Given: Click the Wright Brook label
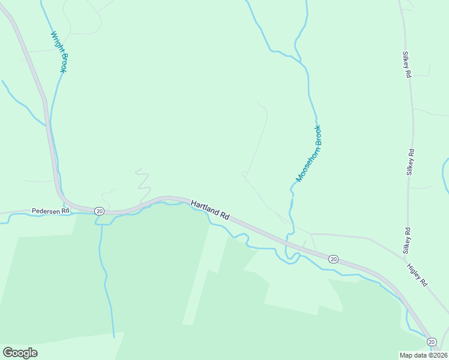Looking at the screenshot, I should coord(59,52).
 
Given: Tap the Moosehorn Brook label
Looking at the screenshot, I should coord(309,153).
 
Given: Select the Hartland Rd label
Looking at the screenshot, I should coord(210,210).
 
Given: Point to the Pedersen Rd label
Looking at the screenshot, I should coord(51,211).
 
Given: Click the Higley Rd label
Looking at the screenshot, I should coord(416,275).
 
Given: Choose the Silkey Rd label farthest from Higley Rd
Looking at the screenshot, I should coord(407,64).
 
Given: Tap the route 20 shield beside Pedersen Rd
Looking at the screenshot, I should coord(99,211).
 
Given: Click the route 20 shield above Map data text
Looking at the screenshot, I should coord(432,341).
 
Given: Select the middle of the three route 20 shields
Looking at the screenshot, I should coord(333,259).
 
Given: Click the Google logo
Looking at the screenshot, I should coord(20,352).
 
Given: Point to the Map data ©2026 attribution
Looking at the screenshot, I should coord(423,355).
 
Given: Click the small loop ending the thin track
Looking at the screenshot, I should coord(244,174).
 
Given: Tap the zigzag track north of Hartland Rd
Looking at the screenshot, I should coord(143,183).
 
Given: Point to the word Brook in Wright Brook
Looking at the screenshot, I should coord(61,62).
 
